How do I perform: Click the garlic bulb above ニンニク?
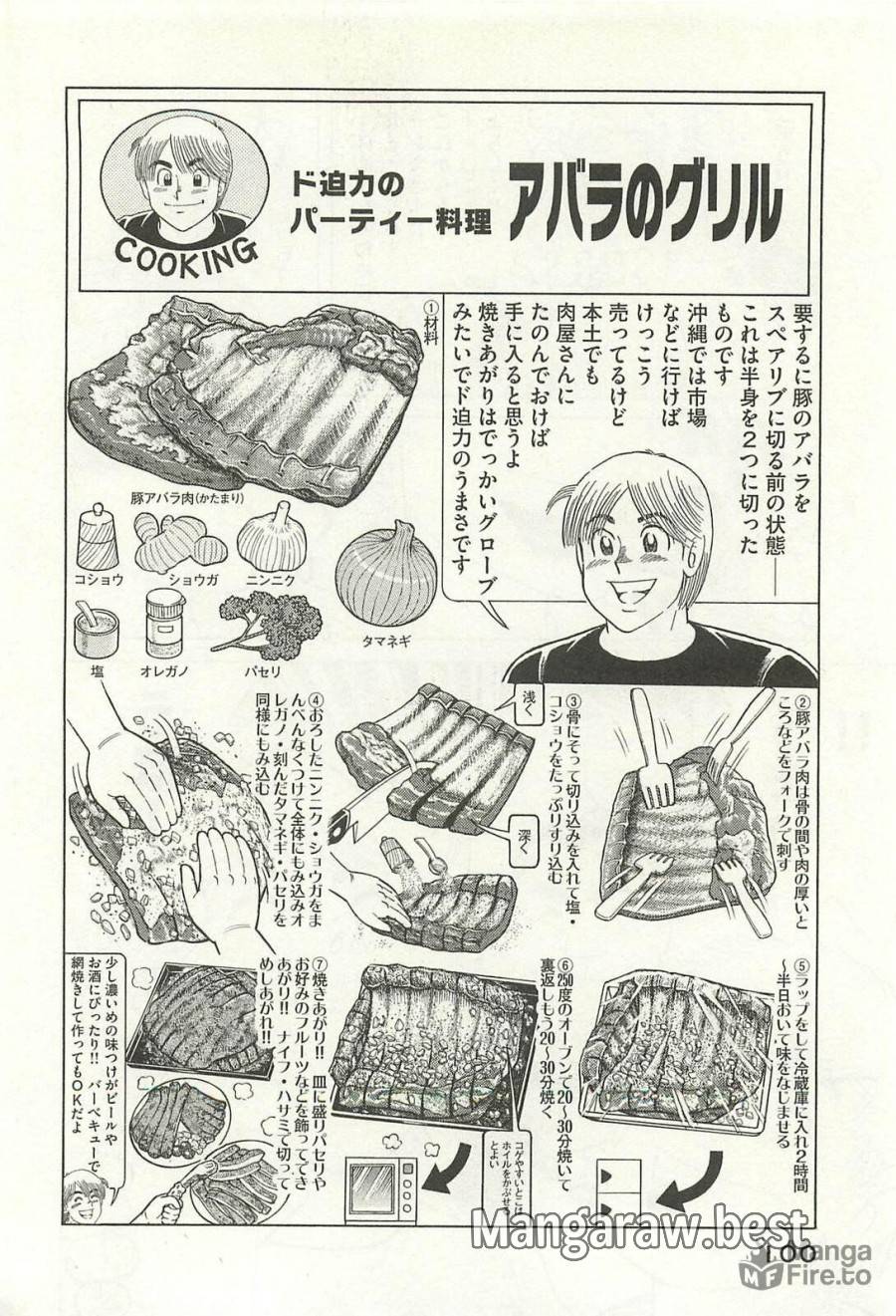[x=271, y=538]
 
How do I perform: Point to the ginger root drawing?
[x=179, y=542]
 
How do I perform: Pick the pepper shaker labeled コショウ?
[x=99, y=538]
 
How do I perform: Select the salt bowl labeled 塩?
[x=97, y=631]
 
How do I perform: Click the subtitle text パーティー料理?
[x=390, y=223]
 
